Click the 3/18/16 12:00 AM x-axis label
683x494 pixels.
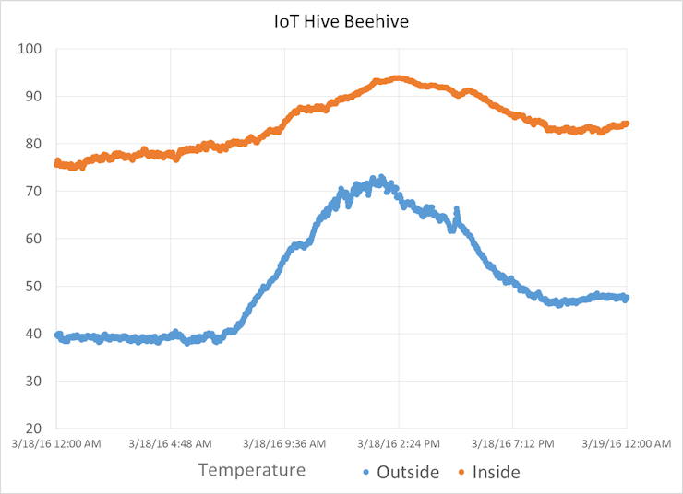[56, 444]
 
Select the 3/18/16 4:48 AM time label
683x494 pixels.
[171, 444]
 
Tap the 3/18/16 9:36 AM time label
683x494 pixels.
[284, 444]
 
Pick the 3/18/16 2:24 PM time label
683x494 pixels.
[399, 444]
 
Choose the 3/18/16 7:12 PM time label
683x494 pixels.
[513, 444]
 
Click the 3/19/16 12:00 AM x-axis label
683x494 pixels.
[627, 444]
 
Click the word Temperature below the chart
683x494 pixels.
[252, 471]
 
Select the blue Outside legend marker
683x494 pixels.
[365, 473]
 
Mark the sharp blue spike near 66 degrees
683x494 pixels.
[456, 211]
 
